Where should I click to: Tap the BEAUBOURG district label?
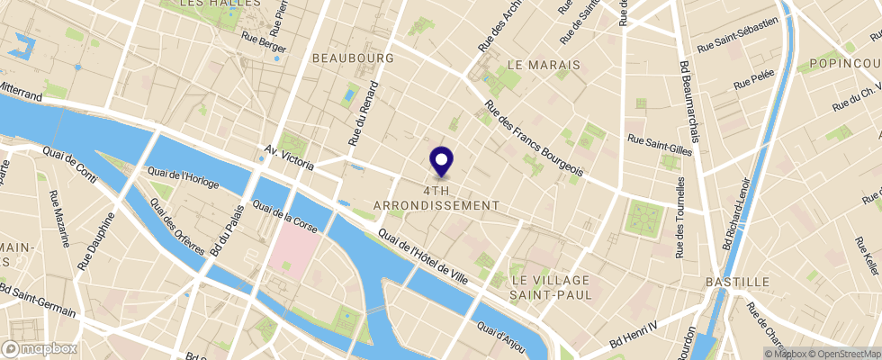point(354,58)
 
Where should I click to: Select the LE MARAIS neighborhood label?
point(540,65)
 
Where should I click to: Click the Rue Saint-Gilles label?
point(660,145)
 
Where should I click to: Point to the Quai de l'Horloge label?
point(183,180)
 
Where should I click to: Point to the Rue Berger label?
point(264,39)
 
